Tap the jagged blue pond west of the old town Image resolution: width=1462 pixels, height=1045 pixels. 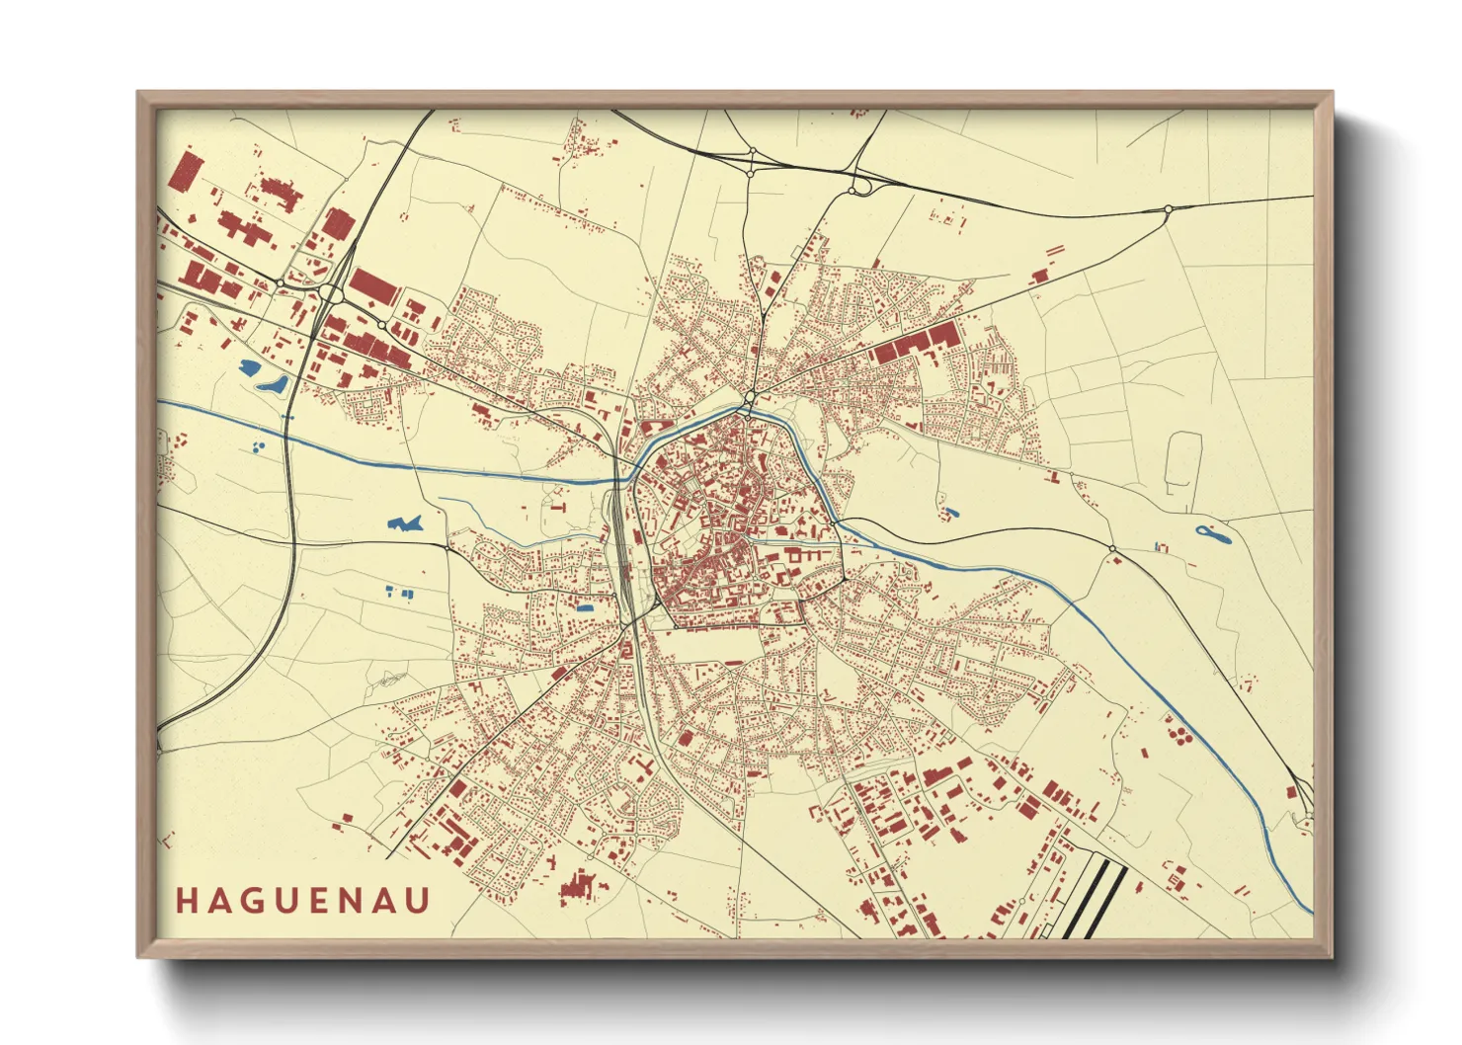click(404, 522)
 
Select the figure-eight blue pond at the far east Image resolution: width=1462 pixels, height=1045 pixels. click(1212, 535)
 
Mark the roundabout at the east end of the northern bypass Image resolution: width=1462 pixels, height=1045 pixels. click(1168, 208)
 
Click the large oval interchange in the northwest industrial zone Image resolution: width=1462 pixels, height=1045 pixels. click(331, 293)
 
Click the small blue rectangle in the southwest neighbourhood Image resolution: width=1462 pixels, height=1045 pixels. click(585, 607)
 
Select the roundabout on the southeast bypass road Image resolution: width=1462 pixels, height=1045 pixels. click(1112, 549)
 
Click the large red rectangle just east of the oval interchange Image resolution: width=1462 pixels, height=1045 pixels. click(373, 286)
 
